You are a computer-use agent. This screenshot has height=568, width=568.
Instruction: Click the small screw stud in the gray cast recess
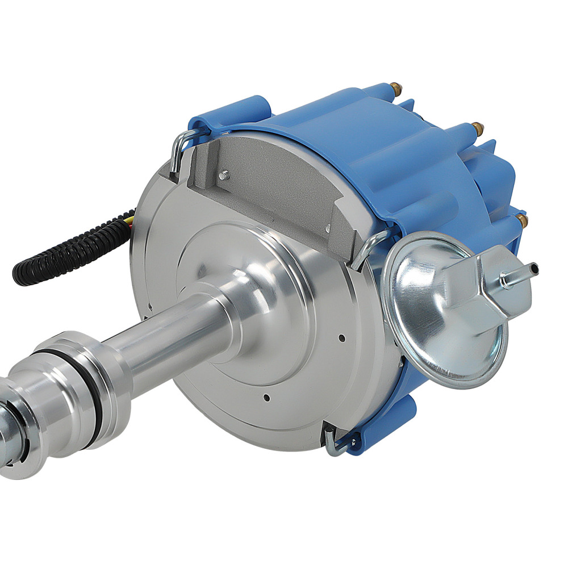tap(224, 175)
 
